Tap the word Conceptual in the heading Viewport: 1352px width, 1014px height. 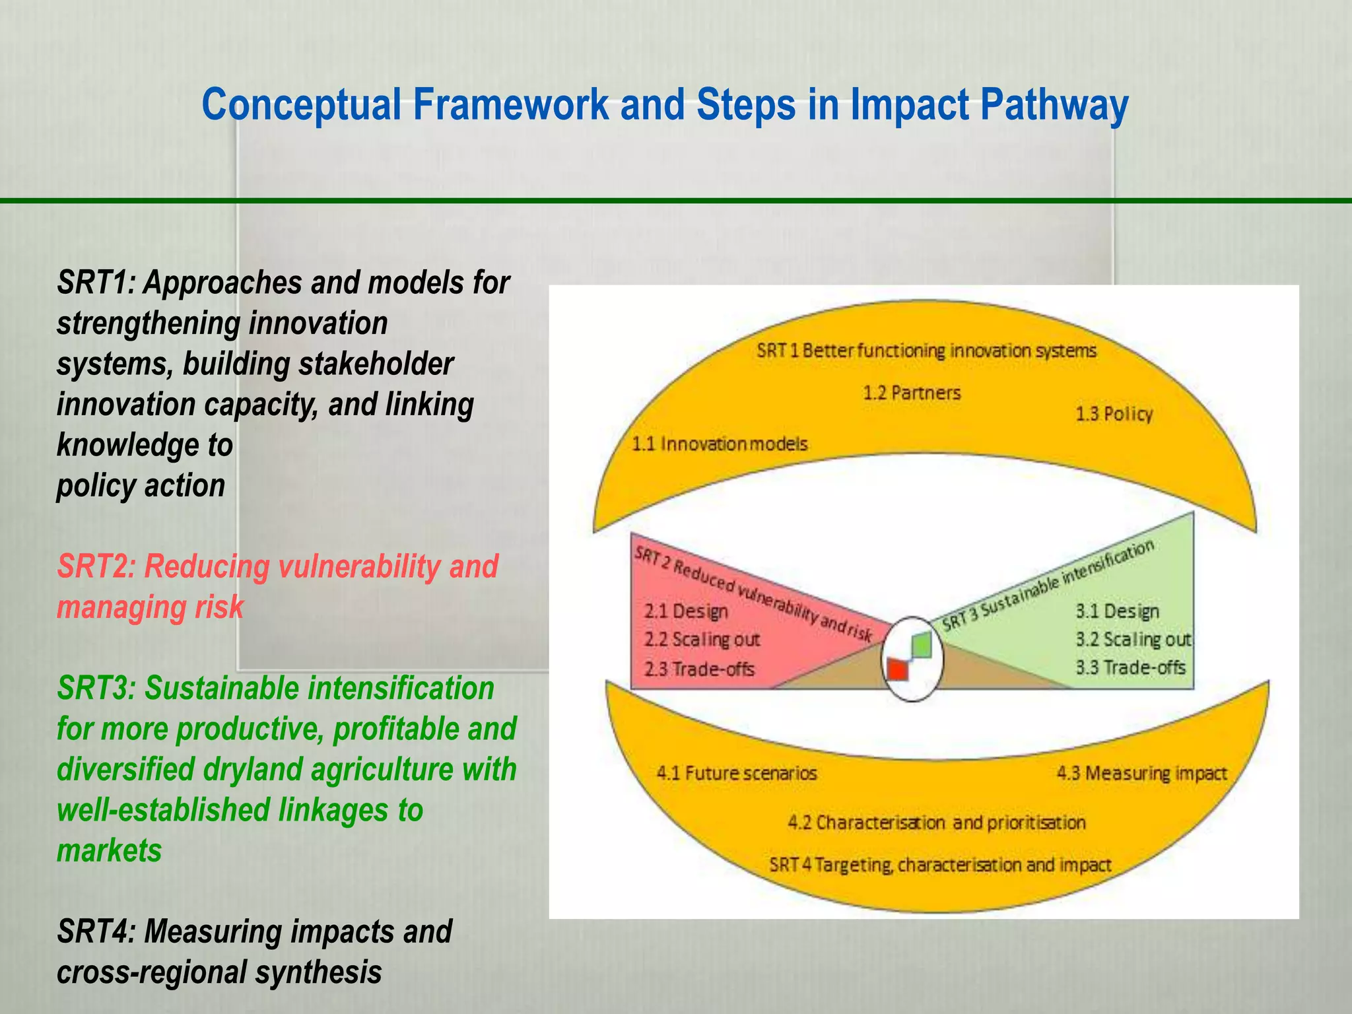coord(301,106)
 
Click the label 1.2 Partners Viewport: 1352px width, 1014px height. coord(912,393)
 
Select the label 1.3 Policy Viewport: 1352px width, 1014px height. coord(1114,414)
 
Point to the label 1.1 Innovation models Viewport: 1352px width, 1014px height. coord(720,444)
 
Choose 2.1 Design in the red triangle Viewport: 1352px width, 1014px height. coord(686,611)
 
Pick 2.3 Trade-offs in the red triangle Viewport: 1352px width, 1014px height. coord(699,669)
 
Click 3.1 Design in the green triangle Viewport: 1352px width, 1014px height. coord(1117,611)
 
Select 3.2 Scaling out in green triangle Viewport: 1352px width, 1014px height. coord(1133,640)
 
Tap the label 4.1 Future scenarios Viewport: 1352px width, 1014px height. coord(737,773)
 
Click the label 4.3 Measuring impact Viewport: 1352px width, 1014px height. coord(1141,773)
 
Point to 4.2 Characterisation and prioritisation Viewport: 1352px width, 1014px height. coord(936,823)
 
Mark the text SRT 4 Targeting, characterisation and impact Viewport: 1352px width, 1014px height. coord(940,865)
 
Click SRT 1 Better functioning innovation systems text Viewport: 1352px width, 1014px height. coord(926,351)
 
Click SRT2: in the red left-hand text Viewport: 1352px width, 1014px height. coord(96,566)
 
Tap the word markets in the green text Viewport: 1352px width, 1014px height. coord(109,850)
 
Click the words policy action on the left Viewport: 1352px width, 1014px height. coord(141,485)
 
